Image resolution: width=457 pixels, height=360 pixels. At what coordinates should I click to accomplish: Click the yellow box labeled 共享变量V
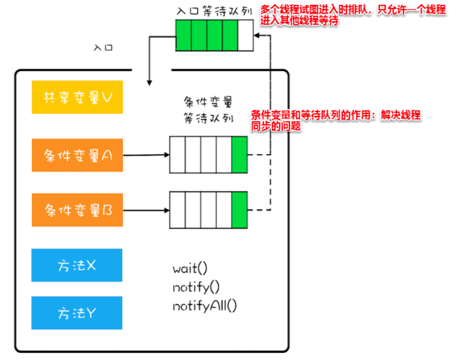(x=77, y=97)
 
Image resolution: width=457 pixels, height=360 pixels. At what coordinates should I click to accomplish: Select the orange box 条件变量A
(x=77, y=155)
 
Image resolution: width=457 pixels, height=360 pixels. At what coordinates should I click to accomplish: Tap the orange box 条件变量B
(x=77, y=210)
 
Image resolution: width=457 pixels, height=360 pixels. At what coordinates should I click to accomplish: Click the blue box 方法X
(x=77, y=265)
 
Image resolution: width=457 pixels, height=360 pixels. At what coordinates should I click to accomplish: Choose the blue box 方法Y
(x=77, y=313)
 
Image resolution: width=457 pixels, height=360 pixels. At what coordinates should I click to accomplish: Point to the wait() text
(x=190, y=268)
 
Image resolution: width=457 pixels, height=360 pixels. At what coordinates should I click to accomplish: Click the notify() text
(x=196, y=287)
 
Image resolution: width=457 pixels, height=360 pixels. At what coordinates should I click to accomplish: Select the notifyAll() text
(x=205, y=306)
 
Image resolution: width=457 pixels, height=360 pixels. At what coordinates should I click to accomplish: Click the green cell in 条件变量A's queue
(x=240, y=155)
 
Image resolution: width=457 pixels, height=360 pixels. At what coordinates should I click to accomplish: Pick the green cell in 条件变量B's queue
(x=240, y=210)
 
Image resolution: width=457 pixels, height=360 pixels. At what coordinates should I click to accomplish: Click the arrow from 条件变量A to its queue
(x=145, y=155)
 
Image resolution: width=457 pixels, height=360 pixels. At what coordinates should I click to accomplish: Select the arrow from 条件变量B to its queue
(x=145, y=210)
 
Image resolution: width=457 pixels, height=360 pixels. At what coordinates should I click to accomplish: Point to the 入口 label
(x=103, y=47)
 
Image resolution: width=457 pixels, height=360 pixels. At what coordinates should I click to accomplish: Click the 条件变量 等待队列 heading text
(x=208, y=109)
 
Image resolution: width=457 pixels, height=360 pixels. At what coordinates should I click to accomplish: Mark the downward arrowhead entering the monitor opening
(x=150, y=82)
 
